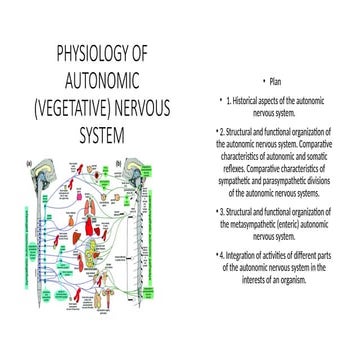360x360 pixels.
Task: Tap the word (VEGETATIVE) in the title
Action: (74, 105)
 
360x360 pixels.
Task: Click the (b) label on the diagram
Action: (119, 163)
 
